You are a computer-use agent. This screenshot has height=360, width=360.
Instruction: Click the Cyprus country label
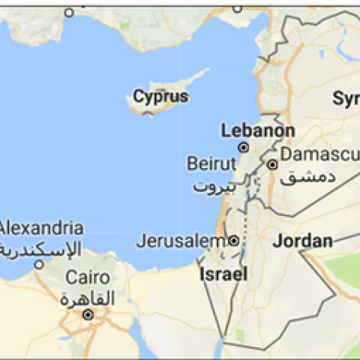point(160,97)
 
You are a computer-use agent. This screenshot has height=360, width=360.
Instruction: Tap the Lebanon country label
point(257,130)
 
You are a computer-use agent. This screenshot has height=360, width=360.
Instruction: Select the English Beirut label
point(211,163)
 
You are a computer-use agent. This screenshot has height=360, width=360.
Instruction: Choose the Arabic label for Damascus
point(307,178)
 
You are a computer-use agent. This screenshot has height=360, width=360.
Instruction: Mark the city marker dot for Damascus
point(272,164)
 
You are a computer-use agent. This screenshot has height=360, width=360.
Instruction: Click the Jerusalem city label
point(180,241)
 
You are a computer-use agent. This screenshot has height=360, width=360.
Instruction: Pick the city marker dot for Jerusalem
point(233,241)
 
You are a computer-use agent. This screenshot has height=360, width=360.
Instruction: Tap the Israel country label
point(223,274)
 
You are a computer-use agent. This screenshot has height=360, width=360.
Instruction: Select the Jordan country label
point(302,241)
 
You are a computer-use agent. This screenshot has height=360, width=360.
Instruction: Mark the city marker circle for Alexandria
point(39,264)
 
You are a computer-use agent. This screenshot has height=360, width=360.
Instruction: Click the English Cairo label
point(88,277)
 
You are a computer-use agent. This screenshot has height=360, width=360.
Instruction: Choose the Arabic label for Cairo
point(88,298)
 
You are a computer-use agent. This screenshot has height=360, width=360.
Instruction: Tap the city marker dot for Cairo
point(88,314)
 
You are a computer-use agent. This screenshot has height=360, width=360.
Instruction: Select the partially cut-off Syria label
point(346,98)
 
